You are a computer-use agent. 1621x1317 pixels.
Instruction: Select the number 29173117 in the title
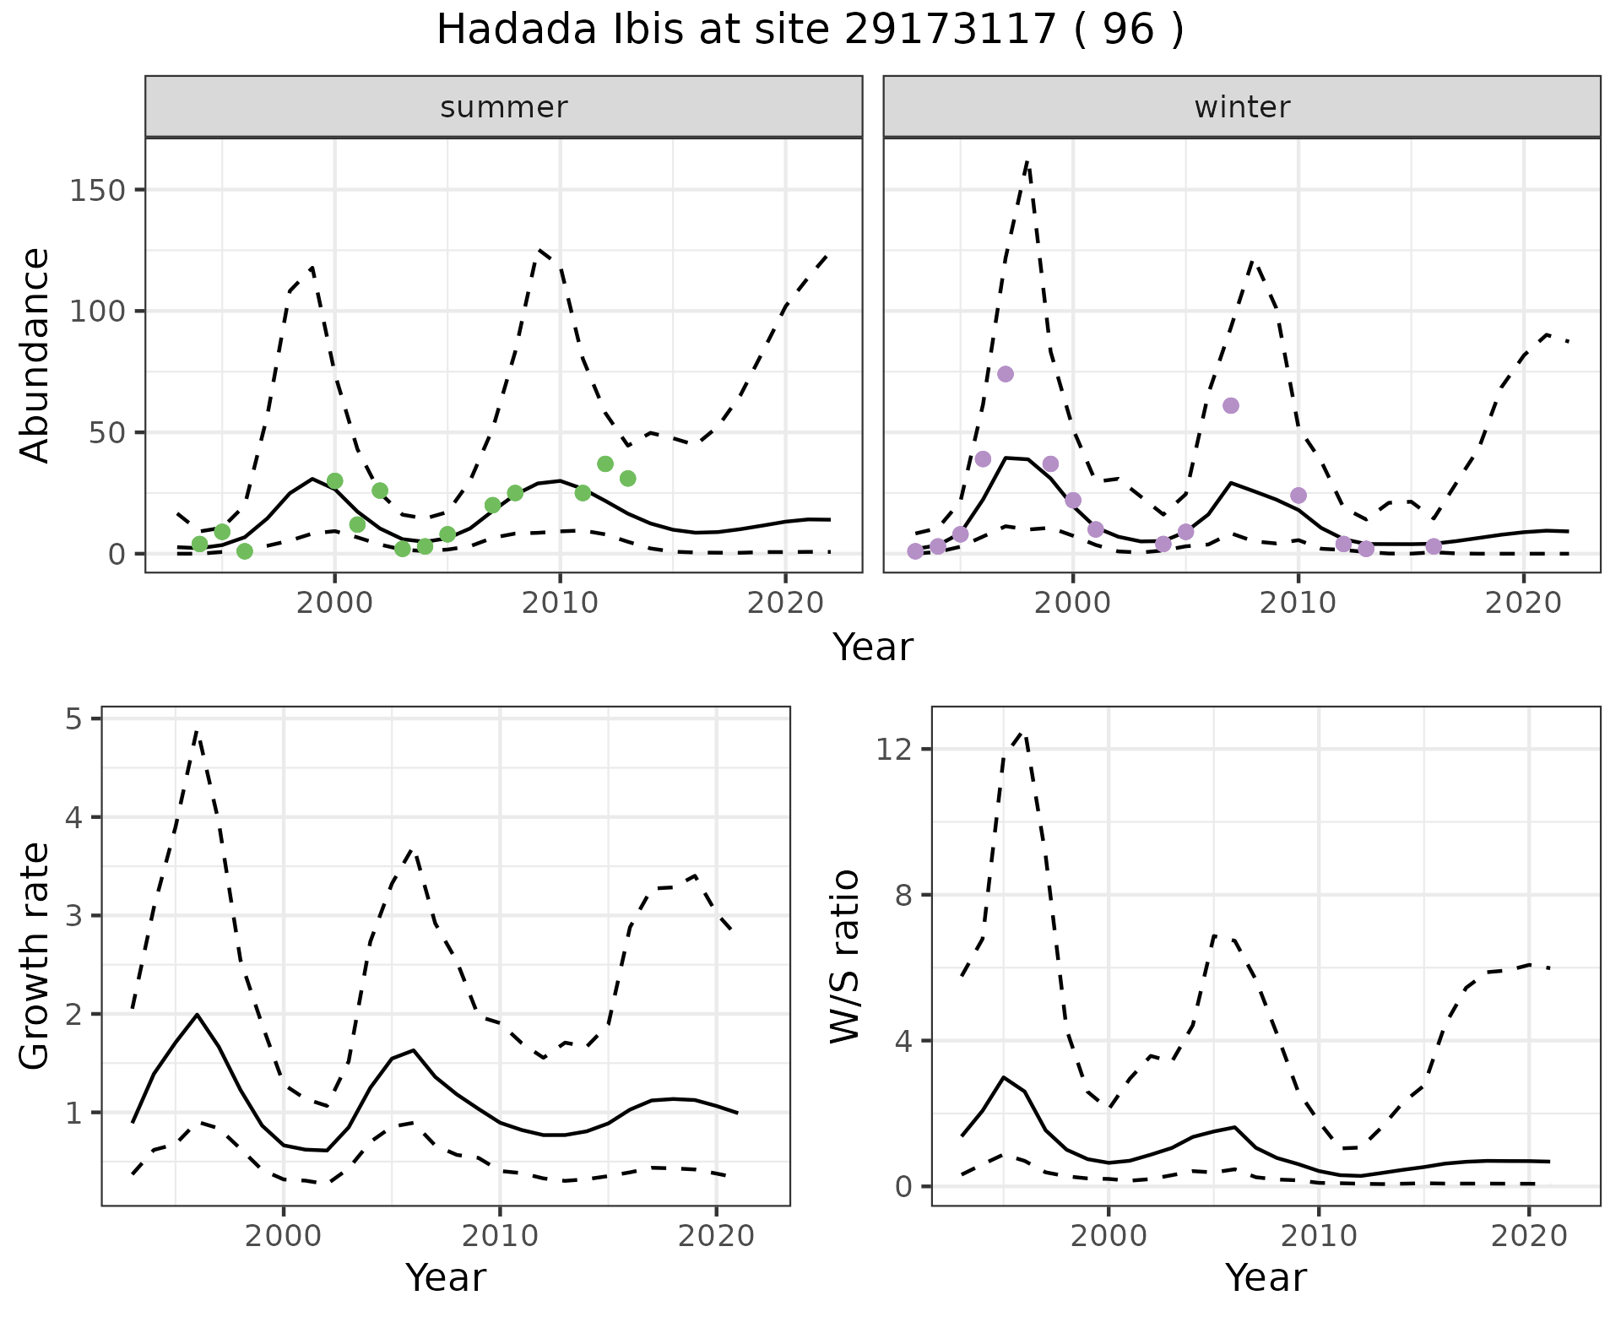[x=951, y=30]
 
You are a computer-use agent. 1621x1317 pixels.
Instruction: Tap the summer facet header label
[x=504, y=107]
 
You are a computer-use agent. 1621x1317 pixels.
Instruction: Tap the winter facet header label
[x=1242, y=107]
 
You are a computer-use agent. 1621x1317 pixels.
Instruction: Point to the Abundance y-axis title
[x=35, y=355]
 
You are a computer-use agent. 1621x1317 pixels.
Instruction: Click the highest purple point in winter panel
[x=1005, y=374]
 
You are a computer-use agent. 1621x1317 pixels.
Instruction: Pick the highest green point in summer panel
[x=604, y=463]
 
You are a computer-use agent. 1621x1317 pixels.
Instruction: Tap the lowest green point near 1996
[x=245, y=551]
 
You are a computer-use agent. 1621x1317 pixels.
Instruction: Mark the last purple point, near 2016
[x=1434, y=546]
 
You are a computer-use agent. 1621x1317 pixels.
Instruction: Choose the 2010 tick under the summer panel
[x=560, y=604]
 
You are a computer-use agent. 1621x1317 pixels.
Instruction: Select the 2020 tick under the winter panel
[x=1523, y=604]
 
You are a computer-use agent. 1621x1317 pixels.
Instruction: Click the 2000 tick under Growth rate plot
[x=284, y=1237]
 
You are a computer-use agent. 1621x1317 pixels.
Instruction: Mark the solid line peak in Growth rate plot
[x=197, y=1014]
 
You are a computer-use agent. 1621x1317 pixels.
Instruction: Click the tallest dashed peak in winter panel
[x=1027, y=160]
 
